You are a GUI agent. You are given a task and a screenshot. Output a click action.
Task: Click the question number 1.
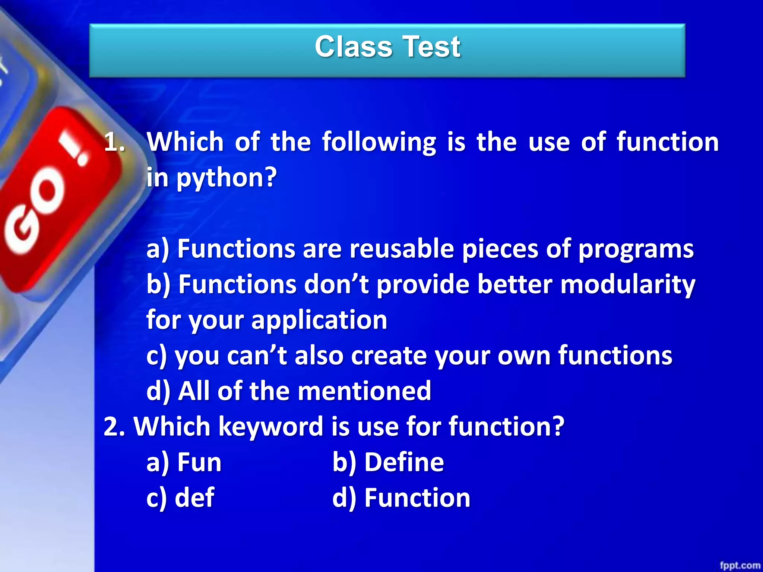114,142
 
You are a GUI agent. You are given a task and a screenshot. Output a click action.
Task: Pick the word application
319,320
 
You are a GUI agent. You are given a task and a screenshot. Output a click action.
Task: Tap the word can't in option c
257,356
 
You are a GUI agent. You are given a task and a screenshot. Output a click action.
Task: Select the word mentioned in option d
364,391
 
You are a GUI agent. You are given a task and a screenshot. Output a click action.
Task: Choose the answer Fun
199,463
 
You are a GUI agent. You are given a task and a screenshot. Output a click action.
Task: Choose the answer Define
404,463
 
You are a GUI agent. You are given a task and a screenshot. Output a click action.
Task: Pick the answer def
194,498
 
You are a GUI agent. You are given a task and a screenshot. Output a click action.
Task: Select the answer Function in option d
417,498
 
